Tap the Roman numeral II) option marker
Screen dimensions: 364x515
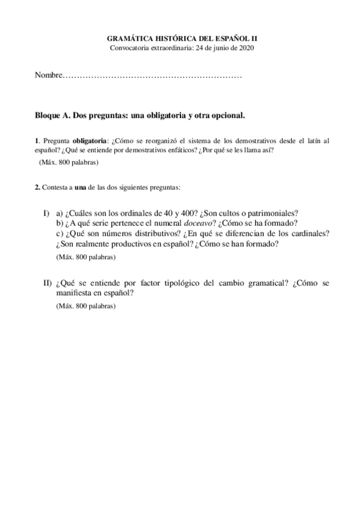[47, 284]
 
